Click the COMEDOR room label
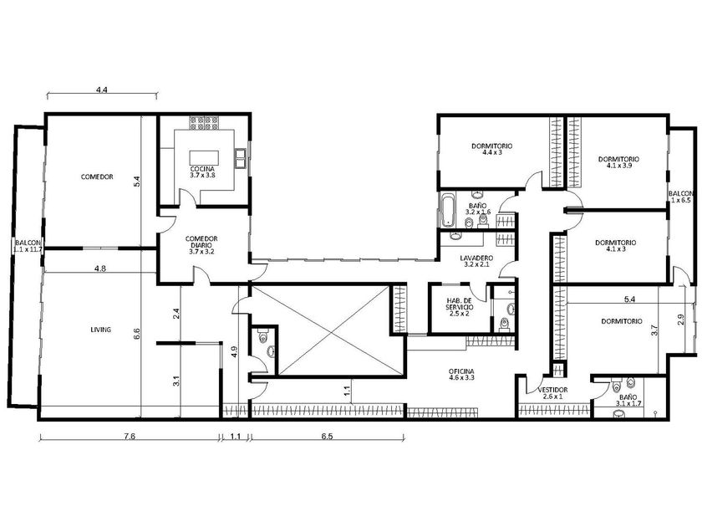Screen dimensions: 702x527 pyautogui.click(x=97, y=177)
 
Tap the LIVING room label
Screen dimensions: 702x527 pyautogui.click(x=101, y=330)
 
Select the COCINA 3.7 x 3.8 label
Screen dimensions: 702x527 pyautogui.click(x=202, y=172)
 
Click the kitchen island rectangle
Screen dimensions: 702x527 pyautogui.click(x=204, y=158)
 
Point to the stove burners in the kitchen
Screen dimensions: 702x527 pyautogui.click(x=204, y=123)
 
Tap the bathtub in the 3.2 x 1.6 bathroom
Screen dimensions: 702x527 pyautogui.click(x=446, y=210)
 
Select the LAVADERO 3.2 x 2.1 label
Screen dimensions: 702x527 pyautogui.click(x=477, y=261)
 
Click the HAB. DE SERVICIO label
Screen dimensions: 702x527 pyautogui.click(x=460, y=307)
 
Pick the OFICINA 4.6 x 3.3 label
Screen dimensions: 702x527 pyautogui.click(x=461, y=375)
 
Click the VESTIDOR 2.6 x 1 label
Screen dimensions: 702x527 pyautogui.click(x=552, y=393)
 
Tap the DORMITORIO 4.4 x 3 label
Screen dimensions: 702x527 pyautogui.click(x=491, y=149)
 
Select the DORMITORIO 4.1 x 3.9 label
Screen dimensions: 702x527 pyautogui.click(x=618, y=162)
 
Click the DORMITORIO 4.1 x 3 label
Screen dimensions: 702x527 pyautogui.click(x=616, y=246)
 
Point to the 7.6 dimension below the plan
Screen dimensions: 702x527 pyautogui.click(x=130, y=437)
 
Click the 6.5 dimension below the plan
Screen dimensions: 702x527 pyautogui.click(x=327, y=437)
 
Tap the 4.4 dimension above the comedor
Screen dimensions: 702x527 pyautogui.click(x=102, y=90)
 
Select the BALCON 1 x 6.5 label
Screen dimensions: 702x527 pyautogui.click(x=680, y=197)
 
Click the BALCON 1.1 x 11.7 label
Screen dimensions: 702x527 pyautogui.click(x=28, y=246)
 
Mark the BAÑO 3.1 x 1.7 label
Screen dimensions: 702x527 pyautogui.click(x=628, y=400)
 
